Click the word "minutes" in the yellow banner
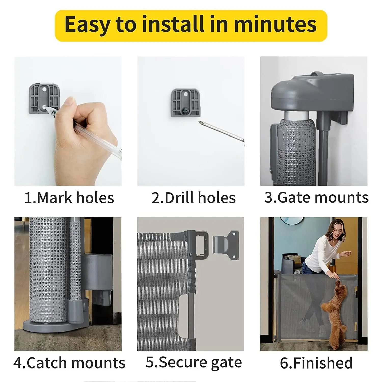pyautogui.click(x=275, y=24)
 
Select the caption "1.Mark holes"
pyautogui.click(x=69, y=198)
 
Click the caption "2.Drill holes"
pyautogui.click(x=193, y=198)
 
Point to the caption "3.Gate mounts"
pyautogui.click(x=316, y=197)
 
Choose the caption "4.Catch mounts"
pyautogui.click(x=69, y=363)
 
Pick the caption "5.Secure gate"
pyautogui.click(x=194, y=362)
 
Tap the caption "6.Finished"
pyautogui.click(x=316, y=363)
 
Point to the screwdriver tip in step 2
pyautogui.click(x=200, y=122)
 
